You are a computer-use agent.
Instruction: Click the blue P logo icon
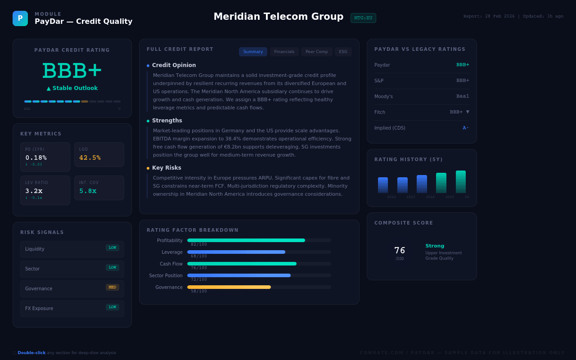pos(20,18)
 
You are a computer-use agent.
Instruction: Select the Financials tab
pos(284,52)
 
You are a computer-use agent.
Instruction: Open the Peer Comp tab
pos(316,52)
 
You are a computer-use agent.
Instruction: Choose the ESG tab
pos(343,52)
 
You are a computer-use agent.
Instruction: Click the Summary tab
pos(253,52)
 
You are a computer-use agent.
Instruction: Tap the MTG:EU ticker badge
pos(363,18)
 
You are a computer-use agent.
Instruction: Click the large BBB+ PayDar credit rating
pos(72,71)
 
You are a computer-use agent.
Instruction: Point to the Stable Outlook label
pos(72,88)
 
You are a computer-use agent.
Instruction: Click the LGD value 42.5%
pos(90,157)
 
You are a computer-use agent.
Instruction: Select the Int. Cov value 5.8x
pos(88,191)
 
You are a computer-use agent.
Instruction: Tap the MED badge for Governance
pos(112,287)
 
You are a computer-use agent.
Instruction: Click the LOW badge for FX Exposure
pos(112,307)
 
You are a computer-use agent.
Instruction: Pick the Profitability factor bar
pos(246,240)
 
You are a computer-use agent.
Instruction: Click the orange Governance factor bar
pos(229,287)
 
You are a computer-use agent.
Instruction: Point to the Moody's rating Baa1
pos(463,96)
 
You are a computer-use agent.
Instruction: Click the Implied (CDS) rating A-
pos(466,128)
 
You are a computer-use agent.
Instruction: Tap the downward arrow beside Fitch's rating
pos(468,112)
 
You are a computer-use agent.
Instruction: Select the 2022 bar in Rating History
pos(383,185)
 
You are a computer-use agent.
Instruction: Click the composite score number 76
pos(400,250)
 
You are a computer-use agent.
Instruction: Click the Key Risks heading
pos(166,168)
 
